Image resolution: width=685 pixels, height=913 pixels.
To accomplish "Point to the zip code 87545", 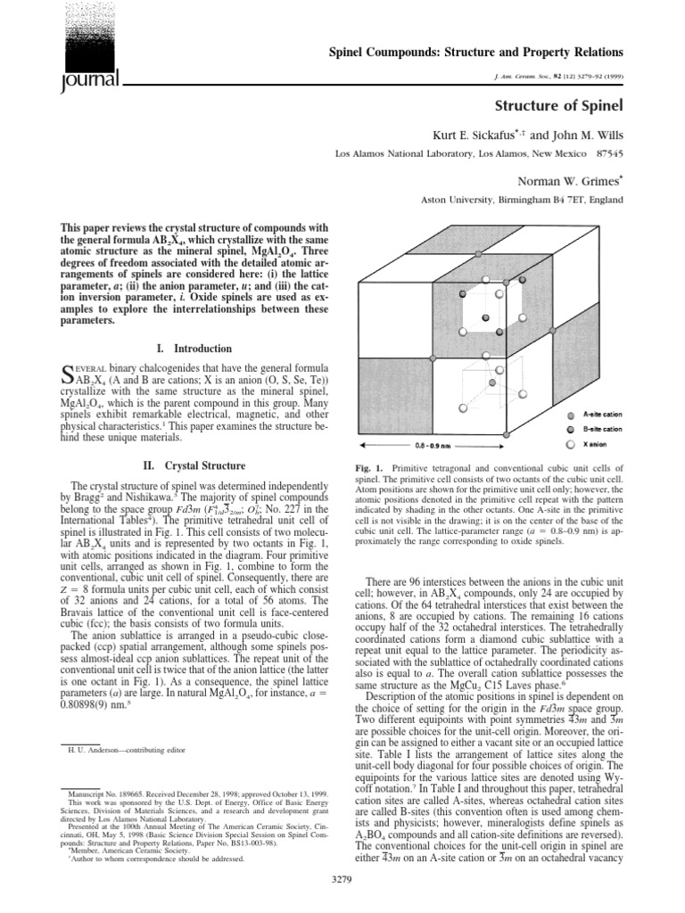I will pos(601,152).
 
